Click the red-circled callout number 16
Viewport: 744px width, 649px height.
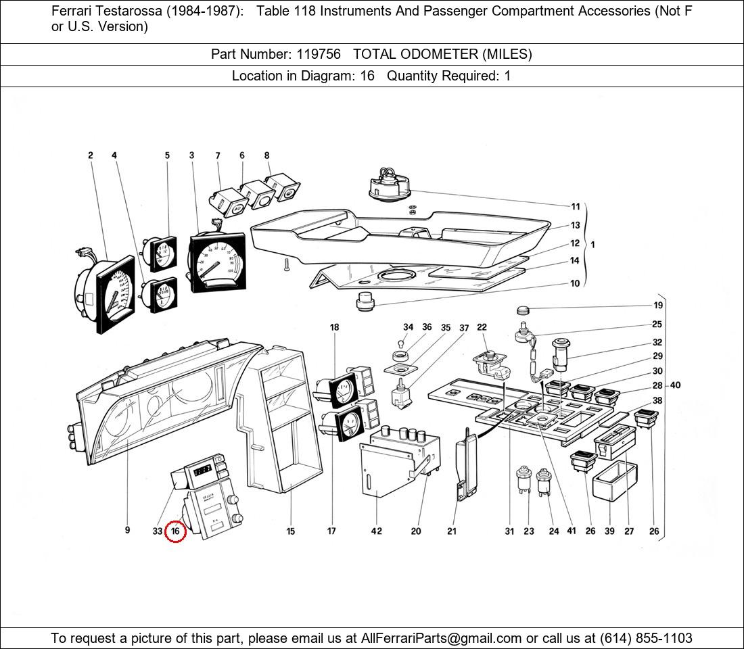175,531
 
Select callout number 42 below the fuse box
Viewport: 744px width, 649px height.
376,531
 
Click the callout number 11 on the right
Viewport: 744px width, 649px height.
575,207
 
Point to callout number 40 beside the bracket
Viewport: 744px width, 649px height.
675,385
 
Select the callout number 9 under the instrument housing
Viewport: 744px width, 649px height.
127,531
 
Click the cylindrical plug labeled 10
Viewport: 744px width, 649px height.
365,302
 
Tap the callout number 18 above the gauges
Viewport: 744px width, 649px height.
334,327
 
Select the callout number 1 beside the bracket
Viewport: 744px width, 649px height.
593,244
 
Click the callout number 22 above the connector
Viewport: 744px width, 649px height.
482,328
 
